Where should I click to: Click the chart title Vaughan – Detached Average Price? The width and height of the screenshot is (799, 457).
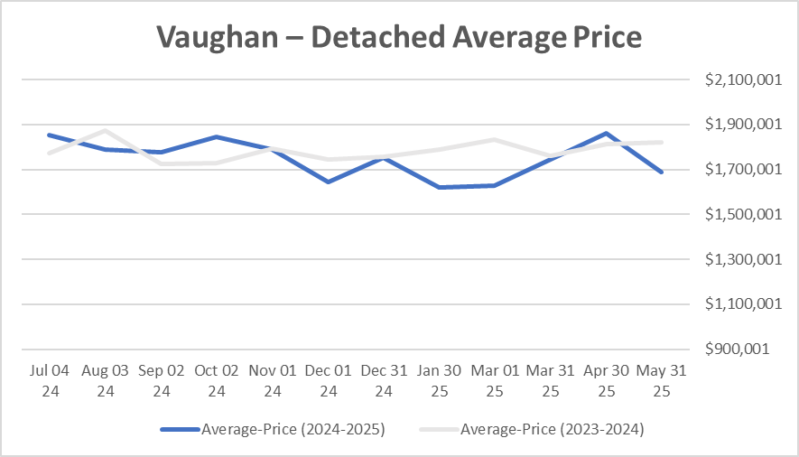[x=398, y=37]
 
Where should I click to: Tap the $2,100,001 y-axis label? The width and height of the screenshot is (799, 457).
[x=744, y=79]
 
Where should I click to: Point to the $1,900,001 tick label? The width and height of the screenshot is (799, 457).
[x=744, y=125]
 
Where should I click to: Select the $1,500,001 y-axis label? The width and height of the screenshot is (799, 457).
[x=744, y=215]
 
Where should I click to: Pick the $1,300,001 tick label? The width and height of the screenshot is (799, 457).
[x=744, y=260]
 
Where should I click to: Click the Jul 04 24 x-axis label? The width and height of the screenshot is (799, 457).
[x=50, y=380]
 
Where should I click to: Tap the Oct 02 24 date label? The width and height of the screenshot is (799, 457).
[x=217, y=380]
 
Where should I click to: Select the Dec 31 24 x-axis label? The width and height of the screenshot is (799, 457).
[x=384, y=380]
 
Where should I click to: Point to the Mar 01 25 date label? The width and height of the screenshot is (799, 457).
[x=495, y=380]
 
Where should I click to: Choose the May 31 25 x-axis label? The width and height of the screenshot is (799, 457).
[x=662, y=380]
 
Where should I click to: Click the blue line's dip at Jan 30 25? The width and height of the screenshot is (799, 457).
[x=439, y=187]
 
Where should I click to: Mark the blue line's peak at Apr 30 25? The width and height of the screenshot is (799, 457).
[x=606, y=134]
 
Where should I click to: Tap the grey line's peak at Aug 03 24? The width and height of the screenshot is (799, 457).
[x=106, y=130]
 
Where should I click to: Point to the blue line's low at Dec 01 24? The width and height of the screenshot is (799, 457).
[x=328, y=182]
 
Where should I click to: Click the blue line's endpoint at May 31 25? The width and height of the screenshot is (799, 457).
[x=662, y=172]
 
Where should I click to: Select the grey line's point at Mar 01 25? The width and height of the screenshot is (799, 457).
[x=495, y=139]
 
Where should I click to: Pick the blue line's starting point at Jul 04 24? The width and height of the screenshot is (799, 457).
[x=50, y=135]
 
